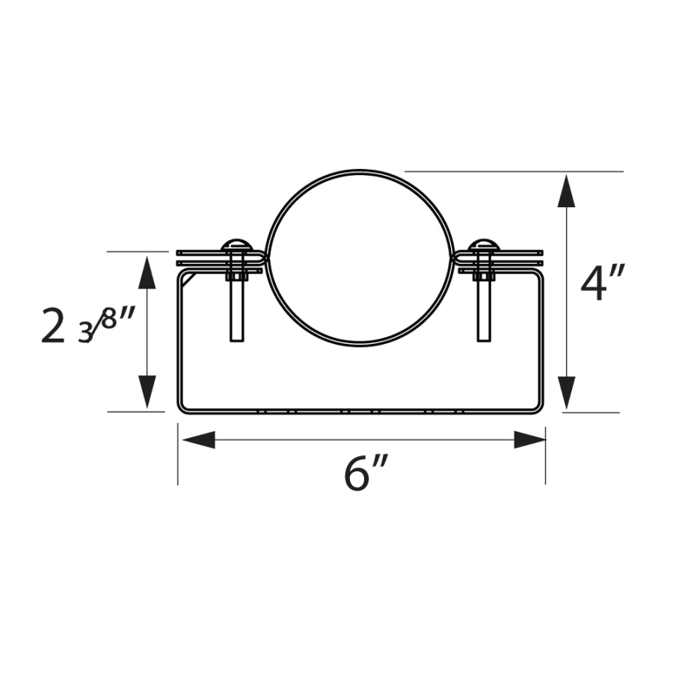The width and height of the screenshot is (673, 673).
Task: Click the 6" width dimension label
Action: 366,473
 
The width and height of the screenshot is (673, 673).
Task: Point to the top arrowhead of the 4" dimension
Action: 567,191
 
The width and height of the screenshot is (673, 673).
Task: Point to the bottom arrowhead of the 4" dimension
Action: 567,392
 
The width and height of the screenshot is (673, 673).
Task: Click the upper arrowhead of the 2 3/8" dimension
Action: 147,272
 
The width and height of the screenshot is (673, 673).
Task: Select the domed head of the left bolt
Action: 237,245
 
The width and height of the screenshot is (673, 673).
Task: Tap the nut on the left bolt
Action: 237,277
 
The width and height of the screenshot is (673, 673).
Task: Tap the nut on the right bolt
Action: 484,277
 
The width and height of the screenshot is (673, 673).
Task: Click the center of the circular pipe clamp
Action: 361,258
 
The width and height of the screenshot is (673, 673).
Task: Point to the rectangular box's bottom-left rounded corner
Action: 182,408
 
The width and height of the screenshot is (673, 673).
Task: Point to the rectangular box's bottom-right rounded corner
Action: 538,408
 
